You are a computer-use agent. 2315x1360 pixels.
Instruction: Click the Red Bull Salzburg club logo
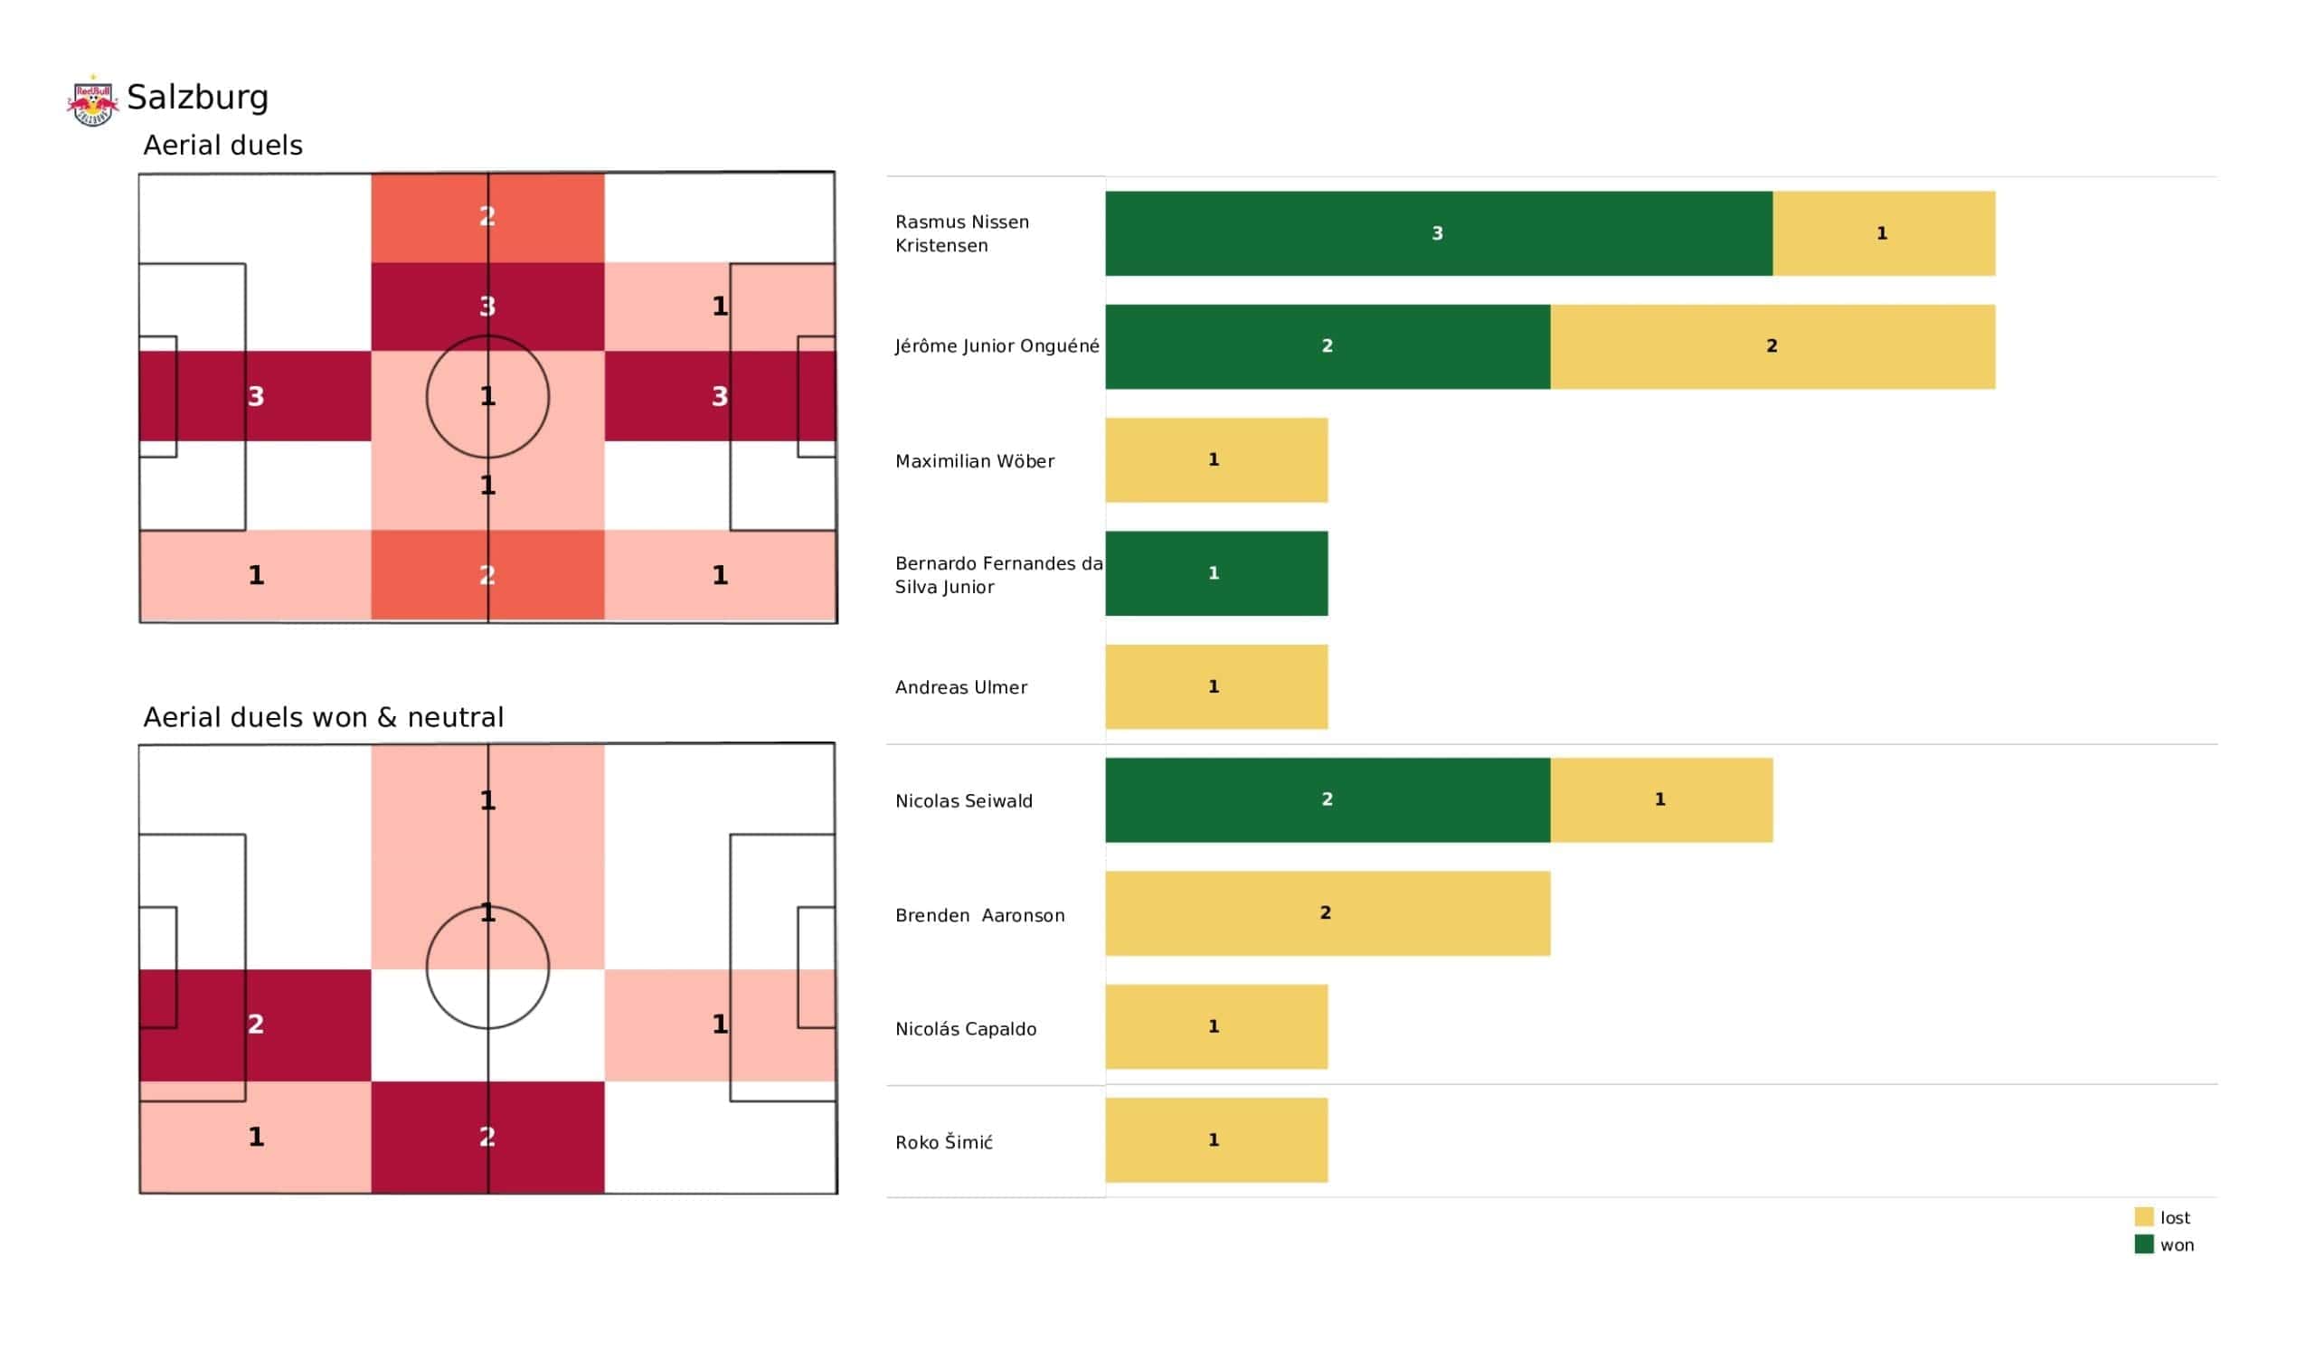tap(93, 100)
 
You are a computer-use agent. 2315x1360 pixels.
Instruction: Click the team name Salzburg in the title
tap(197, 98)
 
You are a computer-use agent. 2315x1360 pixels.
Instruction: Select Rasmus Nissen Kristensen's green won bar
tap(1438, 233)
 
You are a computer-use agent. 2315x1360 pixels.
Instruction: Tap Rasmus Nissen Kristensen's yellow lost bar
tap(1884, 233)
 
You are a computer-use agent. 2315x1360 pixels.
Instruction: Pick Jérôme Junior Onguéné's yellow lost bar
tap(1772, 346)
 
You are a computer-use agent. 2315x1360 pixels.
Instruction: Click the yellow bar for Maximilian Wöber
tap(1215, 460)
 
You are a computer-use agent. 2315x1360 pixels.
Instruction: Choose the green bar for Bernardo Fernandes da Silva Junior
tap(1215, 573)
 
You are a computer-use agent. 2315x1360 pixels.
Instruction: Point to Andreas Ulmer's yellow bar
tap(1215, 686)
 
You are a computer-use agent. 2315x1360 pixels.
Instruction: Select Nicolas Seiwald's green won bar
tap(1327, 800)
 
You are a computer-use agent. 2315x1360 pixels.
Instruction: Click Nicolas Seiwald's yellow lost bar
tap(1661, 800)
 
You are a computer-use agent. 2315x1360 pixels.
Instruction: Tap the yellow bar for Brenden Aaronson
tap(1327, 913)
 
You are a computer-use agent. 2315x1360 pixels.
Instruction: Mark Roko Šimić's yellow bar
tap(1215, 1140)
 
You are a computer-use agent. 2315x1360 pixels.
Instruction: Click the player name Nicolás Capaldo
tap(966, 1029)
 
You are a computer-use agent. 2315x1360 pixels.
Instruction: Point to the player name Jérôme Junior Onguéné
tap(997, 346)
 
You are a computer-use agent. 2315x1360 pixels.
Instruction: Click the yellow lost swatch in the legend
tap(2143, 1217)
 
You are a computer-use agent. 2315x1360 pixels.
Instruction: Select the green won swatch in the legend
tap(2143, 1245)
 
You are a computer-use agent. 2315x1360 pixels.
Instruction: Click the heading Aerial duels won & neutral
tap(324, 718)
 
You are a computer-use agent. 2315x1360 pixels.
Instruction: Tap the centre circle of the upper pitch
tap(487, 397)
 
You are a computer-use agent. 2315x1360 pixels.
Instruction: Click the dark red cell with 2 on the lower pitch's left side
tap(255, 1025)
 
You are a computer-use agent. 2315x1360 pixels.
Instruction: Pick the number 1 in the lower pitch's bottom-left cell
tap(256, 1138)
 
